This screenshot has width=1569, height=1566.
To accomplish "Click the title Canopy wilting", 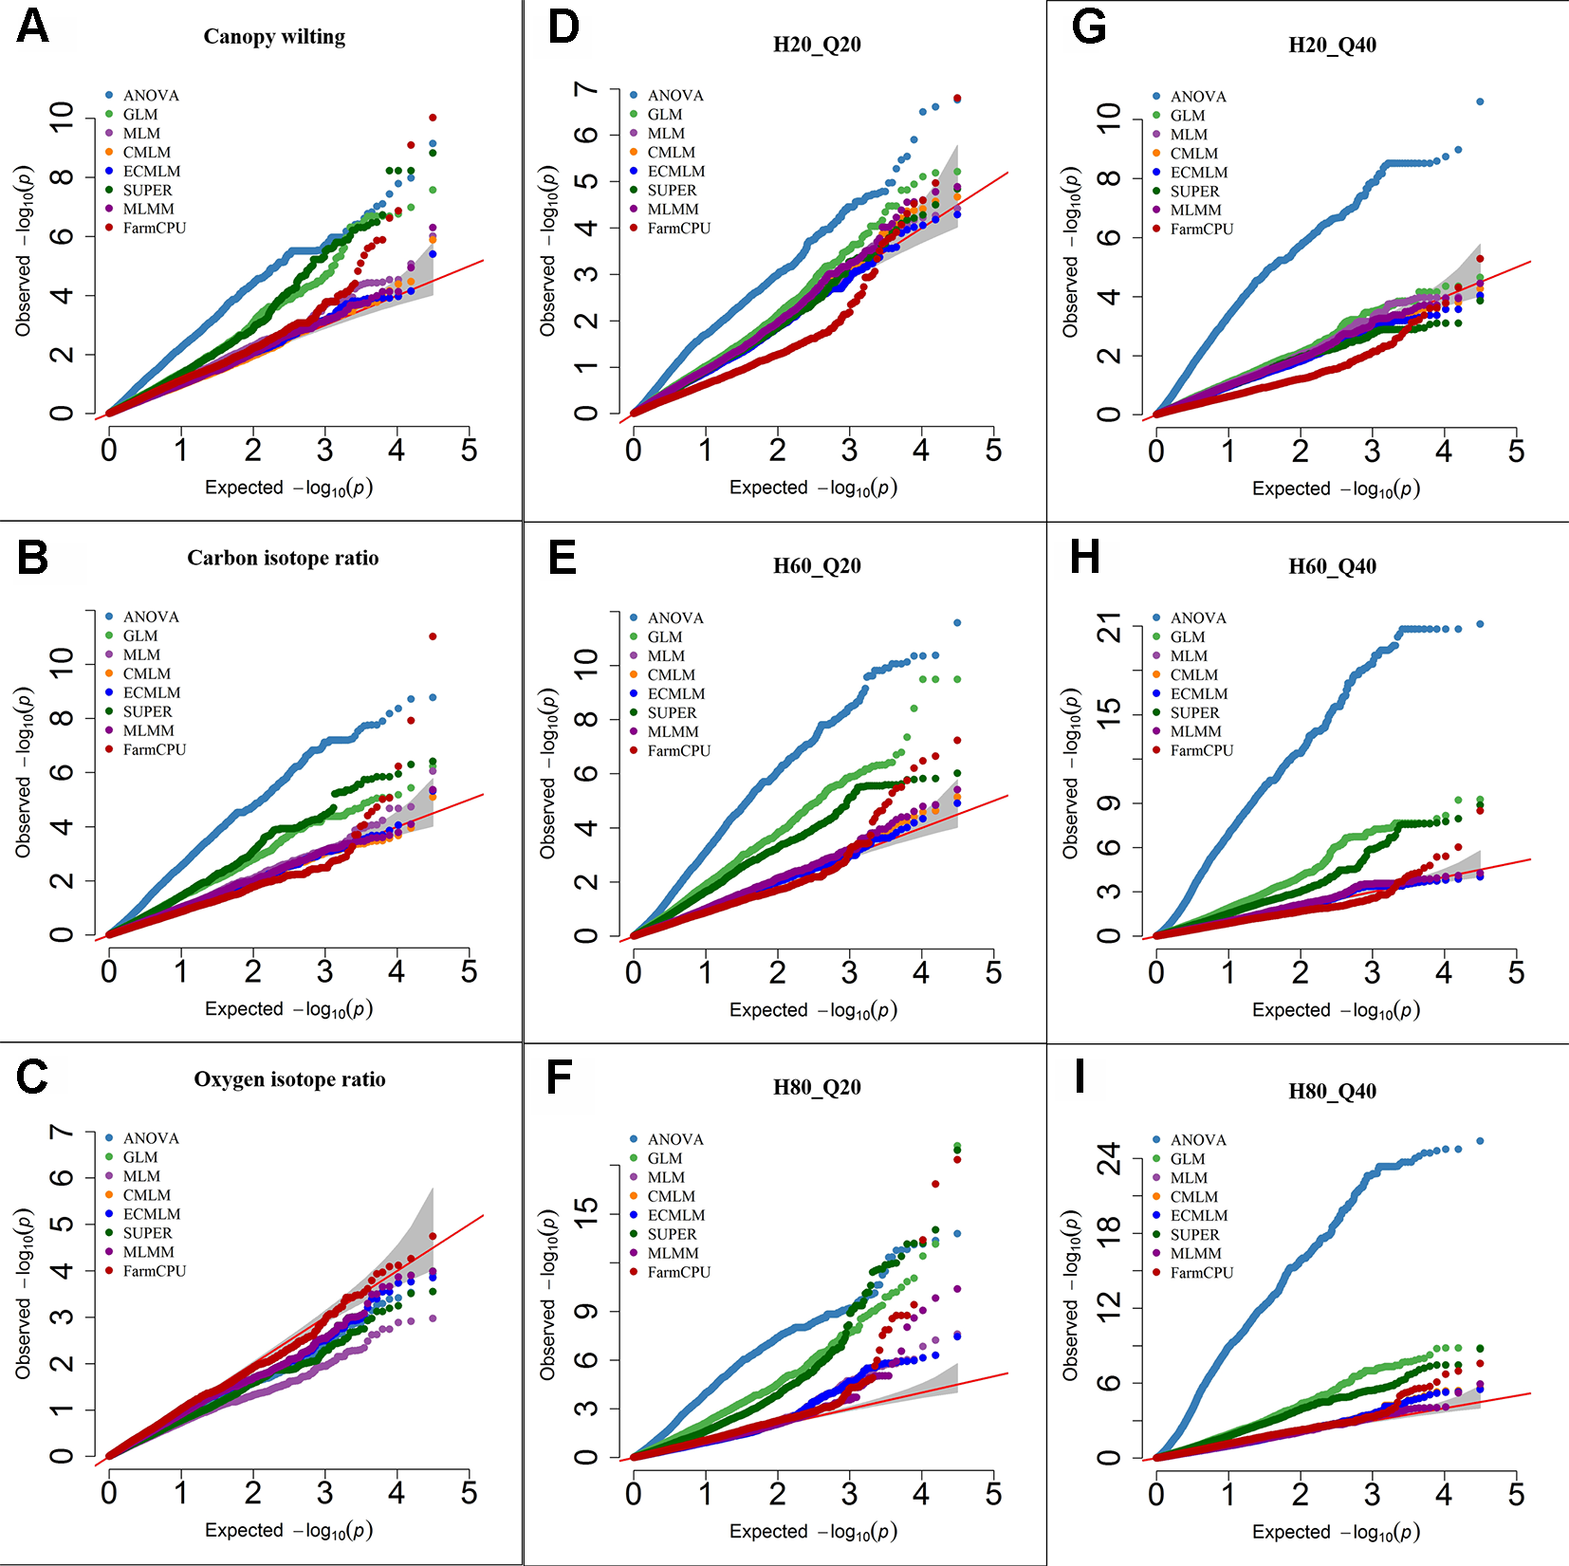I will pyautogui.click(x=274, y=37).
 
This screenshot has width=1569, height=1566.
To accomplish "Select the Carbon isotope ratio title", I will pyautogui.click(x=283, y=558).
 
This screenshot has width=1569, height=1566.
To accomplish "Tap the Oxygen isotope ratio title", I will pyautogui.click(x=289, y=1079).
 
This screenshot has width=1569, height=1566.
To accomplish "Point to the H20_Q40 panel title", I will pyautogui.click(x=1332, y=45).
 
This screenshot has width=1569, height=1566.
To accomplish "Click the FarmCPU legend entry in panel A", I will pyautogui.click(x=154, y=229).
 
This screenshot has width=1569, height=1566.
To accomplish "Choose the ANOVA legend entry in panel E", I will pyautogui.click(x=674, y=618).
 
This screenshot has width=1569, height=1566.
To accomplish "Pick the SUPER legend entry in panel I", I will pyautogui.click(x=1194, y=1235).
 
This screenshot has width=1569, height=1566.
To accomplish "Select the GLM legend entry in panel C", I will pyautogui.click(x=140, y=1157).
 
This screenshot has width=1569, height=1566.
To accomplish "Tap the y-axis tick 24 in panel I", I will pyautogui.click(x=1108, y=1159).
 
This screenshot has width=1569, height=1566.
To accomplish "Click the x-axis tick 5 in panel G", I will pyautogui.click(x=1516, y=451).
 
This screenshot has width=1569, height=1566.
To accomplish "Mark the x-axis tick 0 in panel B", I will pyautogui.click(x=109, y=972).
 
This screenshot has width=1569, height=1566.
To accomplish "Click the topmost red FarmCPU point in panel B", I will pyautogui.click(x=433, y=636).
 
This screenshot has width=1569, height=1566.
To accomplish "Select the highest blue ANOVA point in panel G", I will pyautogui.click(x=1480, y=101).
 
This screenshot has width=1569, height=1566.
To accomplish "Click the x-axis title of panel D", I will pyautogui.click(x=813, y=488).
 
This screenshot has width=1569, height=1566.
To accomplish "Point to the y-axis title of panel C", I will pyautogui.click(x=24, y=1294).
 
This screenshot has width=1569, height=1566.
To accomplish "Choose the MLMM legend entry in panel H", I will pyautogui.click(x=1195, y=732).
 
